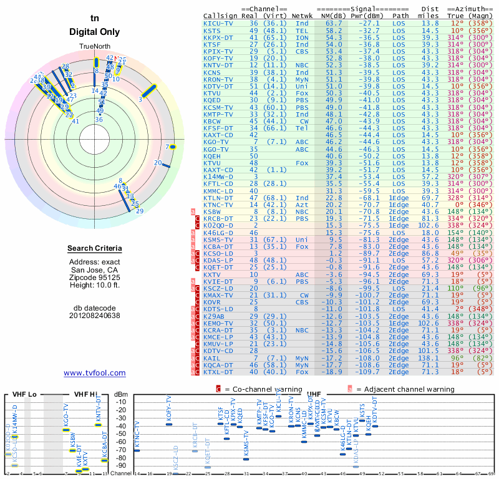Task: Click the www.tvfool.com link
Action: [x=94, y=373]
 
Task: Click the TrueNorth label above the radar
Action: [x=95, y=47]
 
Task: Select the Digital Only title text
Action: [x=95, y=32]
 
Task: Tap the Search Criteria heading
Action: [x=95, y=249]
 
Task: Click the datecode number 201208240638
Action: [x=95, y=316]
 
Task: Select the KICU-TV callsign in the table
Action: [x=219, y=22]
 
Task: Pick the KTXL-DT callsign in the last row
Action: [x=219, y=372]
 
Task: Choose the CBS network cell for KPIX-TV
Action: [x=303, y=51]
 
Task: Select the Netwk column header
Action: [x=303, y=15]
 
